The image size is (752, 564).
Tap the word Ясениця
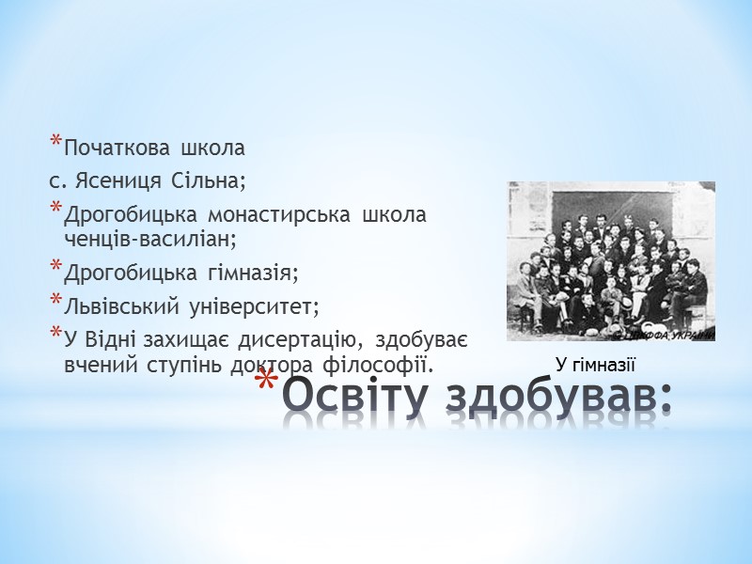pos(106,178)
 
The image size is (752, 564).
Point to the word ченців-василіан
pos(149,238)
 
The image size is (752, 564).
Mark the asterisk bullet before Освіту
pos(267,387)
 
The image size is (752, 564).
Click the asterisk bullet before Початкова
pos(55,144)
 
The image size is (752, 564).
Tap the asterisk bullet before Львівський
pos(55,301)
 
